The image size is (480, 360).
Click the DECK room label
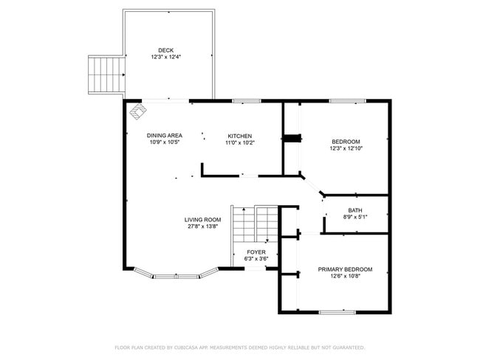165,50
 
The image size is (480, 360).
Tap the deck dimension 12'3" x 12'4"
165,57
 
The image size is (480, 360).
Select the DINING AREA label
164,136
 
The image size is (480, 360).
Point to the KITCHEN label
239,136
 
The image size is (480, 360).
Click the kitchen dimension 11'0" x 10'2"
239,142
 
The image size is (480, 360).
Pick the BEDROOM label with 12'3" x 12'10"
346,142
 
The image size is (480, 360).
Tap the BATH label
355,210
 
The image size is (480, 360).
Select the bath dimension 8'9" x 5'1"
355,217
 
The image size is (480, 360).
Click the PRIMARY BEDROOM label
345,269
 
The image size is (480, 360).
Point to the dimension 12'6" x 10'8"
345,276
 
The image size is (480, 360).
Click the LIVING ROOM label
202,220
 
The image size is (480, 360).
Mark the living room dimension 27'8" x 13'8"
202,226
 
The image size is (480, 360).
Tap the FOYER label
256,252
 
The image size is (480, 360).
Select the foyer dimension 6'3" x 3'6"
256,258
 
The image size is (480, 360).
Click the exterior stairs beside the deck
104,74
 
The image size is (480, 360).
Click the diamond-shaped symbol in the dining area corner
138,113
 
